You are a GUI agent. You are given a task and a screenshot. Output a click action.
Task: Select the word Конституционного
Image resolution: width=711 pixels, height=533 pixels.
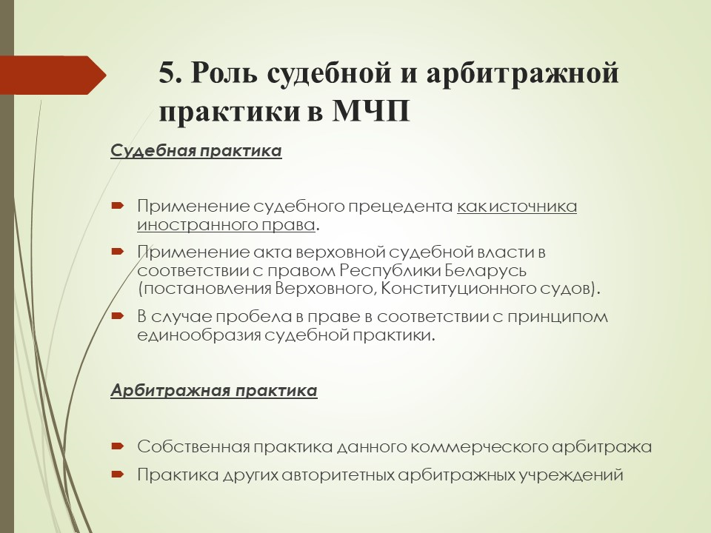click(458, 289)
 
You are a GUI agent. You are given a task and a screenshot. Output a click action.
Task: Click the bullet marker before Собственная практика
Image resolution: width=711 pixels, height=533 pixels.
click(118, 446)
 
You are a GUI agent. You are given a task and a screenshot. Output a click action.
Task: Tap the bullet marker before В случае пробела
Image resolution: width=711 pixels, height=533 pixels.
click(118, 315)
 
